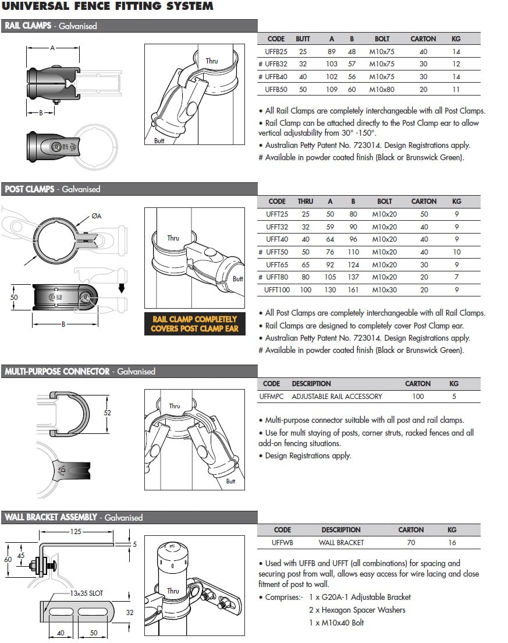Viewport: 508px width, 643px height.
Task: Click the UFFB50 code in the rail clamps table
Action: (x=276, y=90)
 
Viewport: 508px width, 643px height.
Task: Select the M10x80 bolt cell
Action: (x=382, y=90)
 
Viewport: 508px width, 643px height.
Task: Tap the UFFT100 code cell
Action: (x=276, y=290)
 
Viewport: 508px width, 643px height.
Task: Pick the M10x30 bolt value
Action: (x=384, y=290)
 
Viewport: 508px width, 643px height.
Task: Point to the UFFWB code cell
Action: (x=282, y=543)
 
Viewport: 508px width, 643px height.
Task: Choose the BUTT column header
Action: (x=303, y=39)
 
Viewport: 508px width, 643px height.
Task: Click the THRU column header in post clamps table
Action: (x=305, y=202)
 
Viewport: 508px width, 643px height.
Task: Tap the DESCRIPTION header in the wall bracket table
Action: (x=341, y=530)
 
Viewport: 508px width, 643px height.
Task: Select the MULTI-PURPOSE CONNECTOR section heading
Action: (x=57, y=372)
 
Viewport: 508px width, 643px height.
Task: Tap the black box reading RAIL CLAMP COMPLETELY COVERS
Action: (x=194, y=324)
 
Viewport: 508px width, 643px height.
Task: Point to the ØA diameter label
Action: (x=96, y=217)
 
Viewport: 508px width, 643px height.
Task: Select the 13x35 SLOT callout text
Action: (x=85, y=593)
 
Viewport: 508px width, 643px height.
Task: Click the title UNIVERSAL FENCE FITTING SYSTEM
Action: (x=108, y=6)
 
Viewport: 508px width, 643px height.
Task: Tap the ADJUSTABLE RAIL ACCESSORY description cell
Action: (x=337, y=397)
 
